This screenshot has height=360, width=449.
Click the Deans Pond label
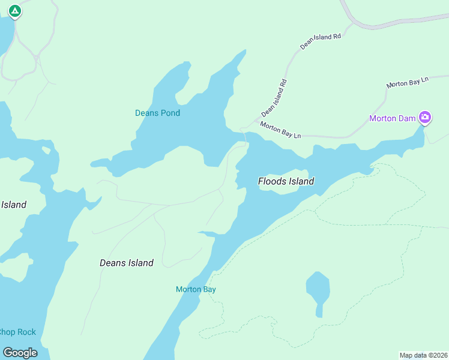coord(157,113)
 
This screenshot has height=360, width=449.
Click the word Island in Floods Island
coord(302,181)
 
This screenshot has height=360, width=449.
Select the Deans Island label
coord(126,263)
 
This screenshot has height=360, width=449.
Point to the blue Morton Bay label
coord(196,289)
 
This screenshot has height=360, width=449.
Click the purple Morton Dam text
coord(392,118)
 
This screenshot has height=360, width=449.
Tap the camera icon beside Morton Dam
coord(425,117)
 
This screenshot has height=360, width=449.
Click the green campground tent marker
coord(15,11)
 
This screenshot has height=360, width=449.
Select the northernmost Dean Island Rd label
coord(321,41)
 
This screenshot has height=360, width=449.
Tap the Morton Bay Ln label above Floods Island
coord(280,130)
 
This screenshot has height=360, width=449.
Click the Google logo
coord(20,352)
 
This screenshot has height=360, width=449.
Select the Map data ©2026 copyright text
coord(423,355)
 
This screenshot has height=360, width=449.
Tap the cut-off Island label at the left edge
coord(13,205)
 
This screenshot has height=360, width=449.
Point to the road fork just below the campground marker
coord(37,58)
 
